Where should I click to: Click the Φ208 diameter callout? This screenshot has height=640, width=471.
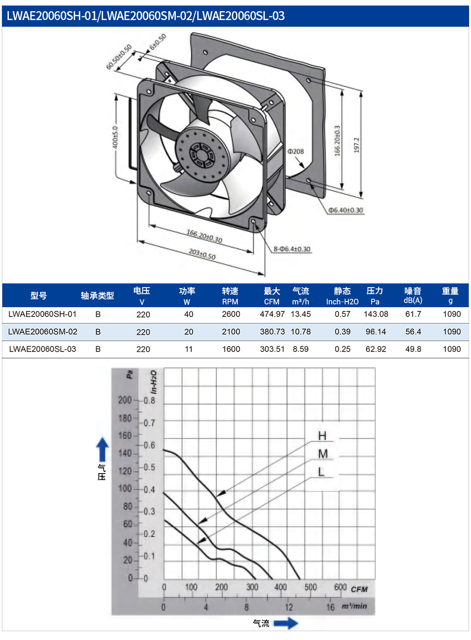coord(296,151)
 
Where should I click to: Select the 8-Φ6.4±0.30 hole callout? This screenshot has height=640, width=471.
coord(292,249)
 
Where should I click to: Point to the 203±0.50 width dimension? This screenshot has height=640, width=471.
coord(202,254)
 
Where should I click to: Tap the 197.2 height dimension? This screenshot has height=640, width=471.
coord(356,145)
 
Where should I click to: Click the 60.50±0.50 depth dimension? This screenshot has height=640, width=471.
coord(119,57)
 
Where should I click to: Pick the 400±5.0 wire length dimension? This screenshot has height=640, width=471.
coord(115,138)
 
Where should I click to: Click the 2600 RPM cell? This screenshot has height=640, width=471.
coord(231,314)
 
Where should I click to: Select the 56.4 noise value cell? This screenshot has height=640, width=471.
coord(413,331)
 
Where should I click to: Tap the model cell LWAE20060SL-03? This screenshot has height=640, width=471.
coord(42,349)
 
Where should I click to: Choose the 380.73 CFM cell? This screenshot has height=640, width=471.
coord(272,331)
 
